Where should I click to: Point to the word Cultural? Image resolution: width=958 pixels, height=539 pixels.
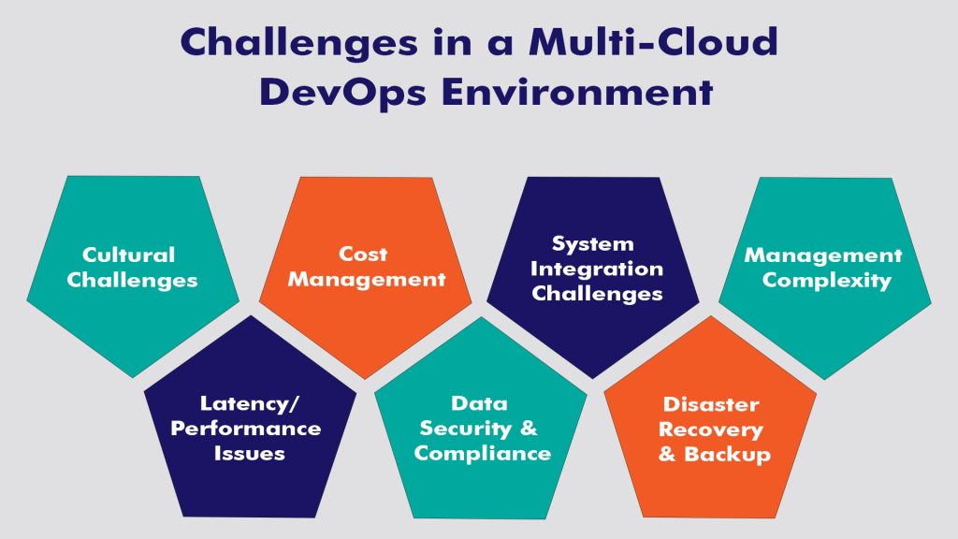pyautogui.click(x=129, y=255)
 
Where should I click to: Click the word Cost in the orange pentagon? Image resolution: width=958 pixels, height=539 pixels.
pyautogui.click(x=363, y=254)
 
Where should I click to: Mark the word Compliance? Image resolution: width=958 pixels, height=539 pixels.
pyautogui.click(x=483, y=454)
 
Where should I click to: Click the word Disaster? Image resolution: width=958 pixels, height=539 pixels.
pyautogui.click(x=711, y=404)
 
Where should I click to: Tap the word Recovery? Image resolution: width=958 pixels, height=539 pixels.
pyautogui.click(x=711, y=430)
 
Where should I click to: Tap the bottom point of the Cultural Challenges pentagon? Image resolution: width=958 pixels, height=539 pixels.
pyautogui.click(x=134, y=377)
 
